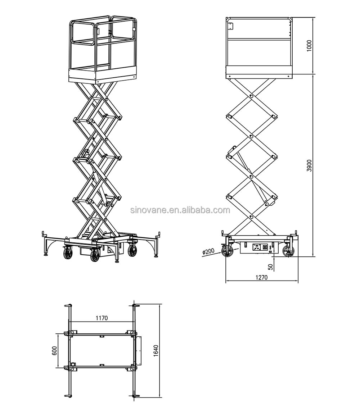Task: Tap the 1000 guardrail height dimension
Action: click(309, 45)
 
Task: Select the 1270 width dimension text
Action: click(262, 277)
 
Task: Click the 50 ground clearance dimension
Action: click(270, 266)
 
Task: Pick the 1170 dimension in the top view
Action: click(102, 318)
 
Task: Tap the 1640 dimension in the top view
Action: click(156, 351)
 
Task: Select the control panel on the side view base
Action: click(260, 248)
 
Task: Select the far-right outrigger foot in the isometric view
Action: click(156, 256)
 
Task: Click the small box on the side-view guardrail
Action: click(231, 26)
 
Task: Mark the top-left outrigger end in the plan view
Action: click(67, 306)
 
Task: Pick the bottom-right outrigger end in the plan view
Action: click(135, 396)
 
